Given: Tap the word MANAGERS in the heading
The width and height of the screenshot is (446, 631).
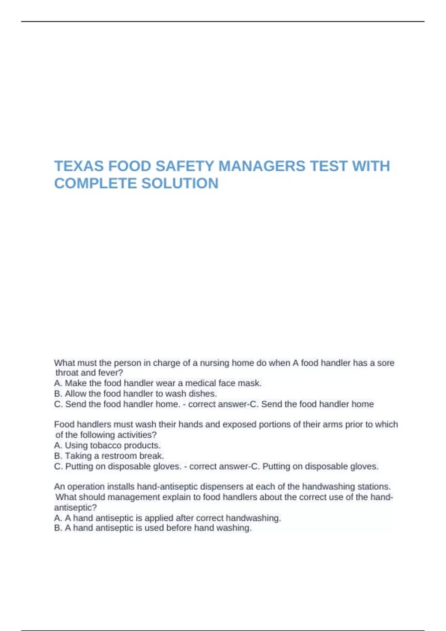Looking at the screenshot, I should (x=261, y=166).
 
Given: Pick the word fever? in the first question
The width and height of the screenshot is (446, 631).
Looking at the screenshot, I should (x=110, y=373).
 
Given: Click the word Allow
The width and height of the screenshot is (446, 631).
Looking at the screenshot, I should (x=75, y=393).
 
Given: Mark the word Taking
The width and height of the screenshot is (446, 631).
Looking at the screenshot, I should (x=78, y=455).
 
